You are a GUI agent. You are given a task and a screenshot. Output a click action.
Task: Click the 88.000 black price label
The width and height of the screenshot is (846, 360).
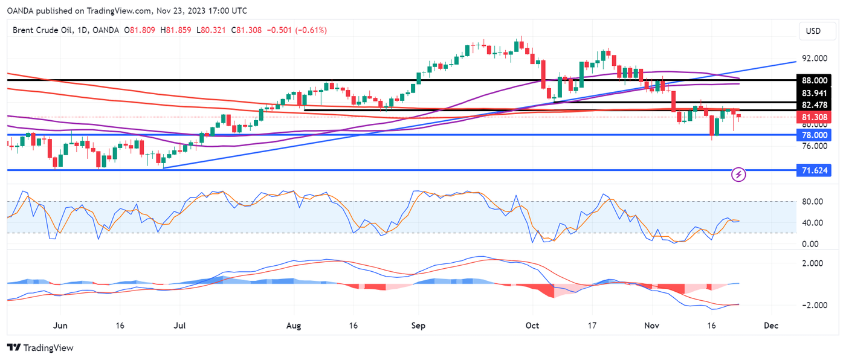coord(814,80)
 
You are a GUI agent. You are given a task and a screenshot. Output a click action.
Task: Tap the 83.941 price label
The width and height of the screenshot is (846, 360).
coord(814,93)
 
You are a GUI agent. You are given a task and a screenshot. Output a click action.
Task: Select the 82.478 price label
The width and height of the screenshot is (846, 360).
coord(814,105)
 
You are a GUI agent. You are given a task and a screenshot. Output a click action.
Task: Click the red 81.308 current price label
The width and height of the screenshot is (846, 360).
coord(814,117)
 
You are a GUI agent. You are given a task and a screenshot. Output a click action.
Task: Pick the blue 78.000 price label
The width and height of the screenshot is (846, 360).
coord(814,135)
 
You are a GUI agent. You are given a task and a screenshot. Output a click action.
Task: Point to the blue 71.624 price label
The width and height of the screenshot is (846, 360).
coord(814,171)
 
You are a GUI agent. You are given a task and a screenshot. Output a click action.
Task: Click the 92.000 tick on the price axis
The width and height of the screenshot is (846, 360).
coord(814,59)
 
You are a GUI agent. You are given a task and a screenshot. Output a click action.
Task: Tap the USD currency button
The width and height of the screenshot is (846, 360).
coord(813,31)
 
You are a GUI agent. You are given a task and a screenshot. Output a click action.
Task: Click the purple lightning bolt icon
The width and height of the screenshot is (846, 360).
coord(739,175)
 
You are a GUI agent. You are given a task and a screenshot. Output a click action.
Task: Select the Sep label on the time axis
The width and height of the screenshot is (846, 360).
coord(418,326)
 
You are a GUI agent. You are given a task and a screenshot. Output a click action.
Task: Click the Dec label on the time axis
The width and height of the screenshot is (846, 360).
coord(770,326)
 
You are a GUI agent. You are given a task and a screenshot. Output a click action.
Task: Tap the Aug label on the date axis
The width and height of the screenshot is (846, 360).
coord(293,326)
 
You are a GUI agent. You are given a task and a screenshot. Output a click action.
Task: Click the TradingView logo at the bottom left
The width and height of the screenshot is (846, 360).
coord(40,348)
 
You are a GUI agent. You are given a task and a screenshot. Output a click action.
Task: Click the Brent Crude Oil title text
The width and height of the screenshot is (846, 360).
coord(44,30)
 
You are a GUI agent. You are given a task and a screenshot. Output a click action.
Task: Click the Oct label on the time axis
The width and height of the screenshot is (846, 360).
coord(532,326)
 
